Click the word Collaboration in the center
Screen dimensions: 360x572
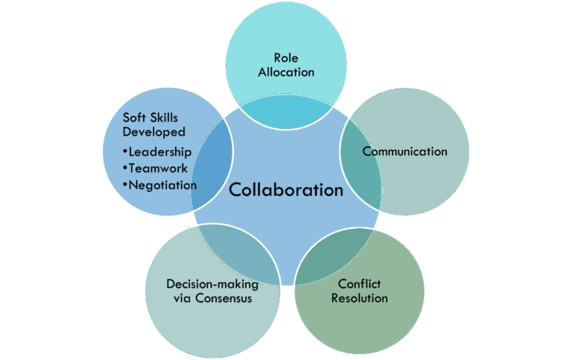[x=286, y=190]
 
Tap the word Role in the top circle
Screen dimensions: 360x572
[x=286, y=58]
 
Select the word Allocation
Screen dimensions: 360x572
[x=286, y=72]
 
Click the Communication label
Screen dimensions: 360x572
[x=404, y=151]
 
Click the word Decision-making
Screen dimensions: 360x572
[x=212, y=285]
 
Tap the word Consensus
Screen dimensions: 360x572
[x=223, y=299]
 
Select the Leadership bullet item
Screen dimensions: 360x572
[x=160, y=151]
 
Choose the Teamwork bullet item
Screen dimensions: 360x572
[x=158, y=168]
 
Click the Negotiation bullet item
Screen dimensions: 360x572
[x=163, y=184]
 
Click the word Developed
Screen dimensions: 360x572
[x=154, y=132]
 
